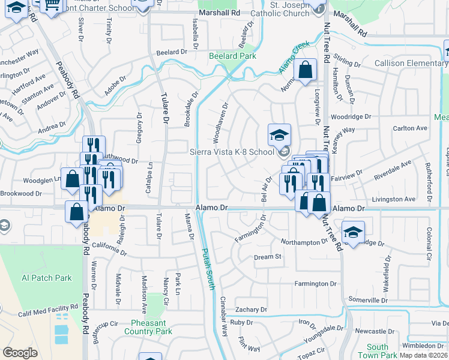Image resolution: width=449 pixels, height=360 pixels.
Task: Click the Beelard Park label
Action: tap(232, 56)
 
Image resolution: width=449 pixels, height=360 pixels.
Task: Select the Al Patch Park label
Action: tap(47, 278)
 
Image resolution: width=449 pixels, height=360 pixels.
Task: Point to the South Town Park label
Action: tap(378, 351)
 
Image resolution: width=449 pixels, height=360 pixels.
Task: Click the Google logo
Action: tap(20, 353)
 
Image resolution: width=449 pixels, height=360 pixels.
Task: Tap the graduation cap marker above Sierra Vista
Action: tap(279, 136)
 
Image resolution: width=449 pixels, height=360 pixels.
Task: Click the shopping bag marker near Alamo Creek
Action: tap(306, 70)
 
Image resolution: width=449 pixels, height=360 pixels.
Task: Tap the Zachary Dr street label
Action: tap(252, 310)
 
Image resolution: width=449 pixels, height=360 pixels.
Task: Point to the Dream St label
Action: tap(268, 257)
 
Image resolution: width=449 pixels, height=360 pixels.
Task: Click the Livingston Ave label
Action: tap(394, 199)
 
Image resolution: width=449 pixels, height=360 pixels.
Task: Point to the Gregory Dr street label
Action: tap(139, 128)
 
